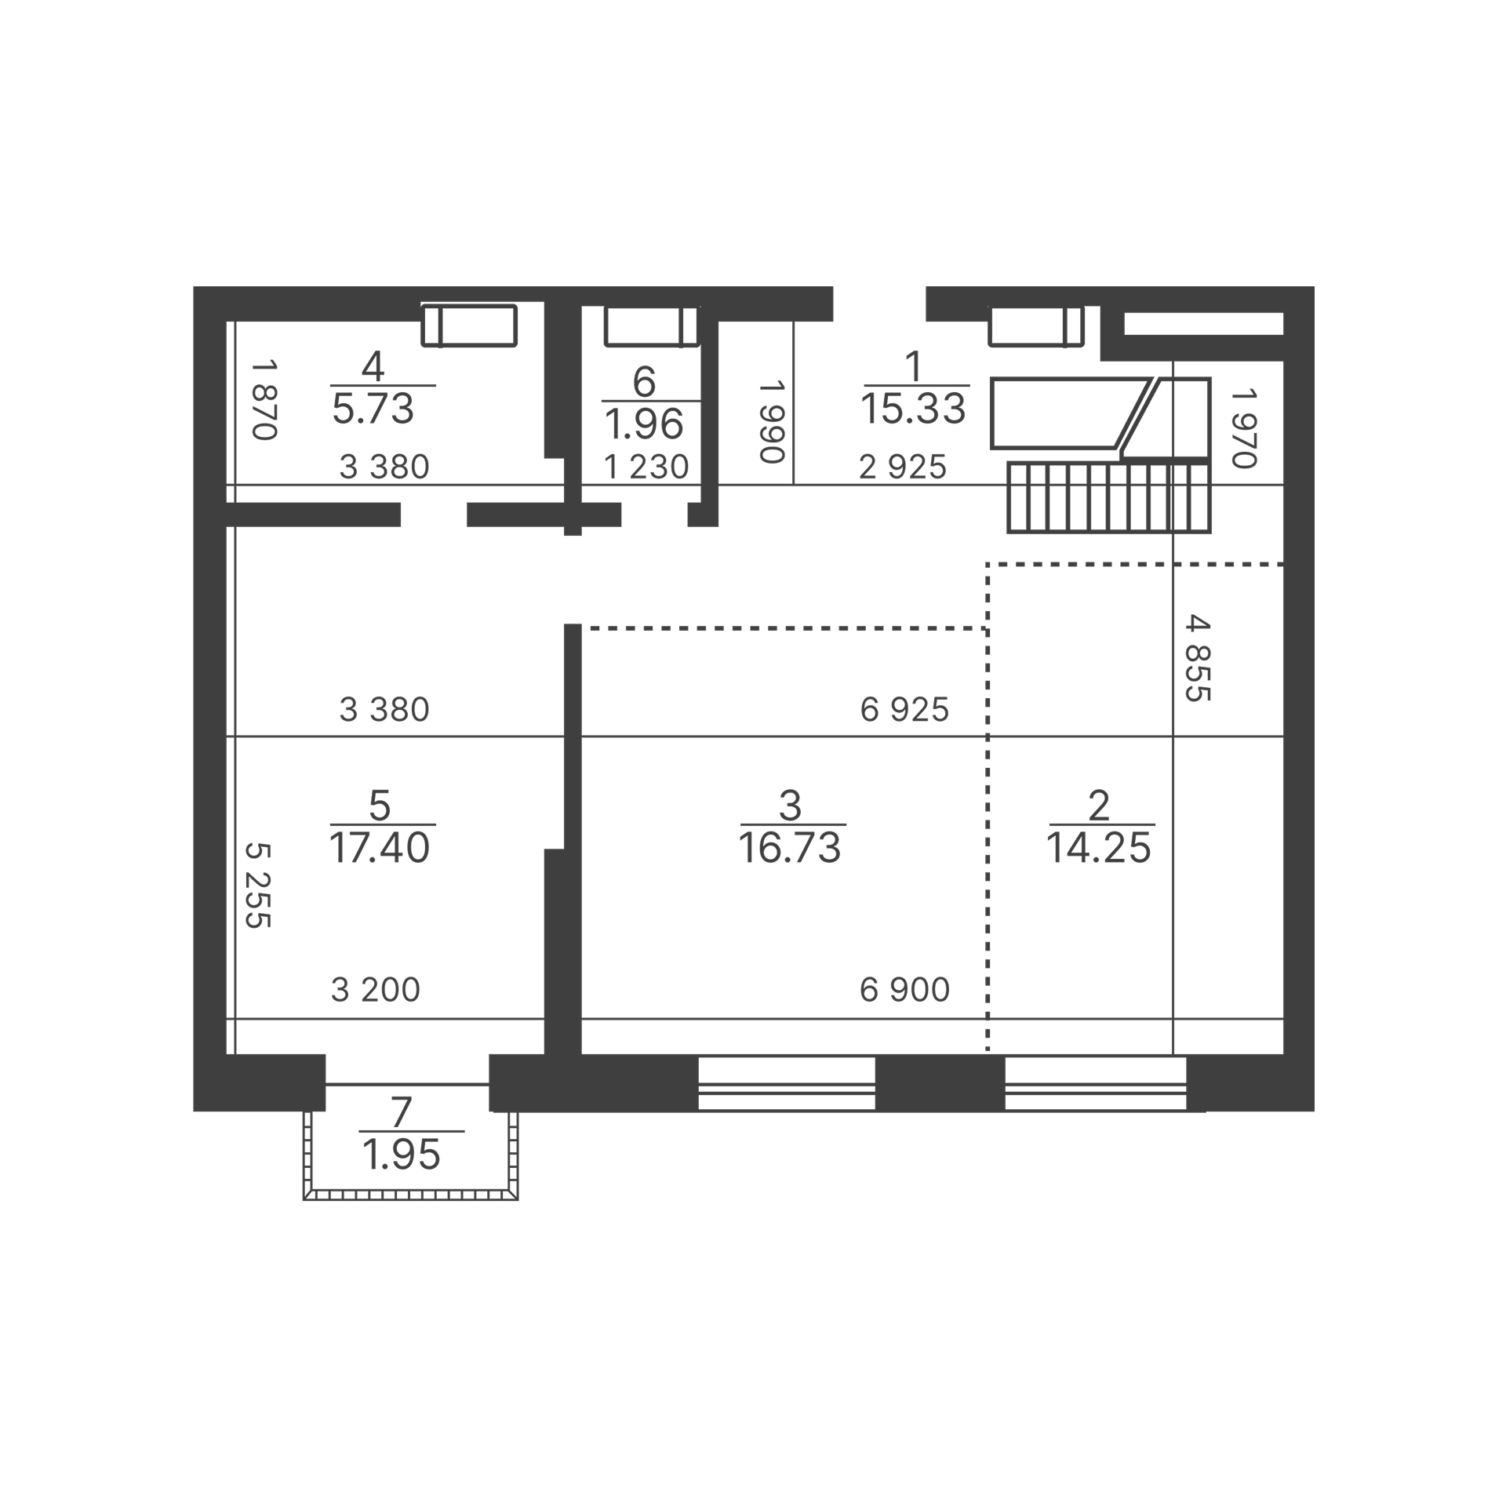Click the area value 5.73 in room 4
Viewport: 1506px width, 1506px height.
coord(373,409)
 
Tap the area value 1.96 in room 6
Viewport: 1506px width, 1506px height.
coord(645,424)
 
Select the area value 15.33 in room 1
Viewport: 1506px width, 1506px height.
coord(914,409)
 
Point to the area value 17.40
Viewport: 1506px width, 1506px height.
coord(380,848)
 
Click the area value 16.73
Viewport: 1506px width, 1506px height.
coord(790,848)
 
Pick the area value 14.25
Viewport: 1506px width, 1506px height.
coord(1099,848)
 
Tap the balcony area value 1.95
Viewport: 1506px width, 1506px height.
coord(402,1155)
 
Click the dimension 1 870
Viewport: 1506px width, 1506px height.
coord(264,400)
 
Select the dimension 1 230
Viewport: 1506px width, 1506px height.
coord(646,467)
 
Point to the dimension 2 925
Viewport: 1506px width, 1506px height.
coord(903,467)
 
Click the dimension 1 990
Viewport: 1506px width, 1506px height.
coord(772,422)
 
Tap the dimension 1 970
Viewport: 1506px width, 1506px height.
coord(1244,428)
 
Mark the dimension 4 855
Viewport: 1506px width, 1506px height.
coord(1199,658)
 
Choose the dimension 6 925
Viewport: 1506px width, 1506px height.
coord(904,710)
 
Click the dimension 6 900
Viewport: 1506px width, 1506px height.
coord(904,990)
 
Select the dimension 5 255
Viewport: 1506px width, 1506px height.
coord(258,886)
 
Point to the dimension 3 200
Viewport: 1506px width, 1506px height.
coord(376,990)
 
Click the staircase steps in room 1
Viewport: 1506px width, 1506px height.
coord(1109,497)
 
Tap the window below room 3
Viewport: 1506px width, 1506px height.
coord(787,1083)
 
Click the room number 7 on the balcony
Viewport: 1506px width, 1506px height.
coord(401,1111)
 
